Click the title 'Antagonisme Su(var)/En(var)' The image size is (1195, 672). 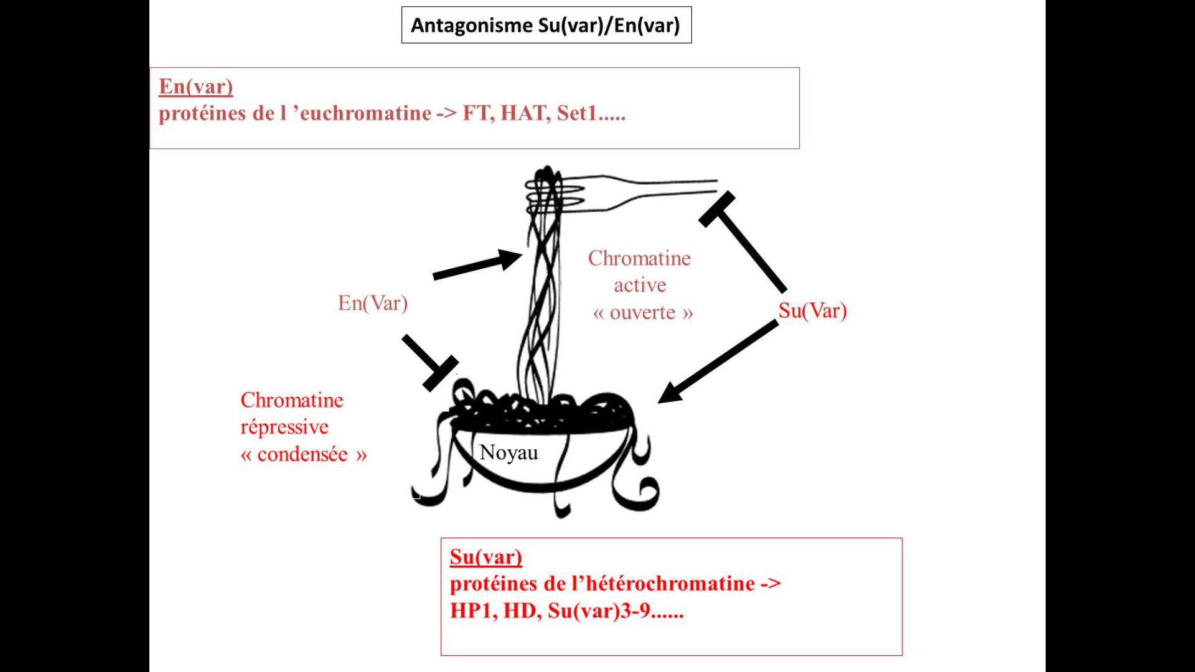click(546, 26)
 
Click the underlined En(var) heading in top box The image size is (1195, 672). click(196, 86)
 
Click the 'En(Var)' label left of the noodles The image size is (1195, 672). click(373, 303)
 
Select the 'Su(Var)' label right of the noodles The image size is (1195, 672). click(812, 310)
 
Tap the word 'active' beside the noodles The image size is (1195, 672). click(640, 286)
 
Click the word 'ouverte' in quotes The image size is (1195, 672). click(642, 312)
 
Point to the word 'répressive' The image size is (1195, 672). click(284, 427)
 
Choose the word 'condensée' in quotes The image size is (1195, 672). click(302, 455)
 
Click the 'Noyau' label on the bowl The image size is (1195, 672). click(508, 452)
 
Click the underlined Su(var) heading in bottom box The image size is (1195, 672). click(486, 557)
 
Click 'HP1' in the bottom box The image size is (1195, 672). click(472, 611)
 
